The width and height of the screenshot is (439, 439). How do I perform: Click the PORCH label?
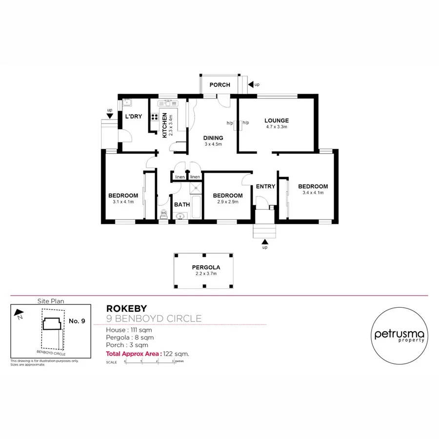pos(219,85)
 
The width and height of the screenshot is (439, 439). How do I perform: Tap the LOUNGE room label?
pos(277,120)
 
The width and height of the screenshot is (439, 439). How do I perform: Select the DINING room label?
pos(213,138)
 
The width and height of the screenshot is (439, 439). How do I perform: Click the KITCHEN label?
pos(165,125)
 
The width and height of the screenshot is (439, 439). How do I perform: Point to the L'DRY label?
pos(133,117)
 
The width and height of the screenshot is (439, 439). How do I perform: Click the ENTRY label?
pos(265,186)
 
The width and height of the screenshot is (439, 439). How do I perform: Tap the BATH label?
pos(182,204)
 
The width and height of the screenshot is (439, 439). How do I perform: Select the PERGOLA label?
pos(206,267)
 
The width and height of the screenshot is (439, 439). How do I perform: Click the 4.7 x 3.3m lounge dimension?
pos(277,127)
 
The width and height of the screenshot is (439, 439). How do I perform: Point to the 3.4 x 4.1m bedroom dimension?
pos(313,193)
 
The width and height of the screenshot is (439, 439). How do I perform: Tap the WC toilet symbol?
pos(164,213)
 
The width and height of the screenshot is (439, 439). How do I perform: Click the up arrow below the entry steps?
pos(265,241)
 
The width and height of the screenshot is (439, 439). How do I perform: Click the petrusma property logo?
pos(399,335)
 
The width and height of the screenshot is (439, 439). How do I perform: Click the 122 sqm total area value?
pos(178,354)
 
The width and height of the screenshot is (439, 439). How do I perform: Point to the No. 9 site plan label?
pos(77,321)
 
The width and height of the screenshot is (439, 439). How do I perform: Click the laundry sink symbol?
pos(127,102)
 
